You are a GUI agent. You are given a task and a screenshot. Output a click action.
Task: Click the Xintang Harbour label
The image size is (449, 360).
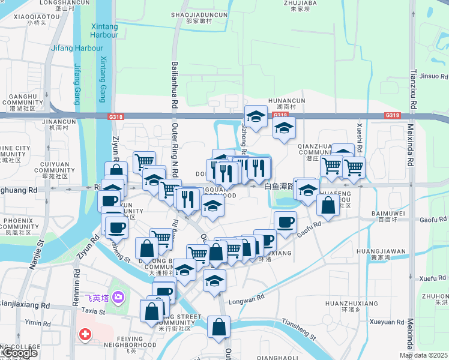104,31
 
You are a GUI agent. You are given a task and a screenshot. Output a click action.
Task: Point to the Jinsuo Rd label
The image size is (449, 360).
433,76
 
